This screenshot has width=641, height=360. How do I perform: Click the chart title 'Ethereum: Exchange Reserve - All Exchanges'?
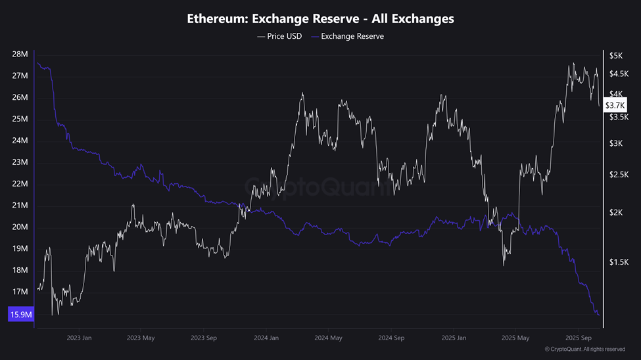320,18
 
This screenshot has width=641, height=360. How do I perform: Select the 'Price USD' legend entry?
281,36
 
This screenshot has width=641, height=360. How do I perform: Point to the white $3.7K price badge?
616,105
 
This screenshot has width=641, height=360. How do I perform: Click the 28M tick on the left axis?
20,55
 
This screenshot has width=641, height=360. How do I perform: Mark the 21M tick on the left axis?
20,206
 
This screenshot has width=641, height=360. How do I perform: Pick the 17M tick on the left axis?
20,292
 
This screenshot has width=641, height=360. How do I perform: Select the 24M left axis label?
20,141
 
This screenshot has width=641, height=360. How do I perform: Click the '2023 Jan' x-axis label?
79,338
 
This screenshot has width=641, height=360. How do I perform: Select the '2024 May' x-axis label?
327,338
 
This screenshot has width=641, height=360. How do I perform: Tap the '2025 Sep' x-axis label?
577,338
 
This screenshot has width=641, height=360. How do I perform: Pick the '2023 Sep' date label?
203,338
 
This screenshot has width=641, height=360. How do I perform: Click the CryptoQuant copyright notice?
584,349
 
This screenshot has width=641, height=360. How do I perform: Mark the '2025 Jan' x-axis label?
452,338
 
